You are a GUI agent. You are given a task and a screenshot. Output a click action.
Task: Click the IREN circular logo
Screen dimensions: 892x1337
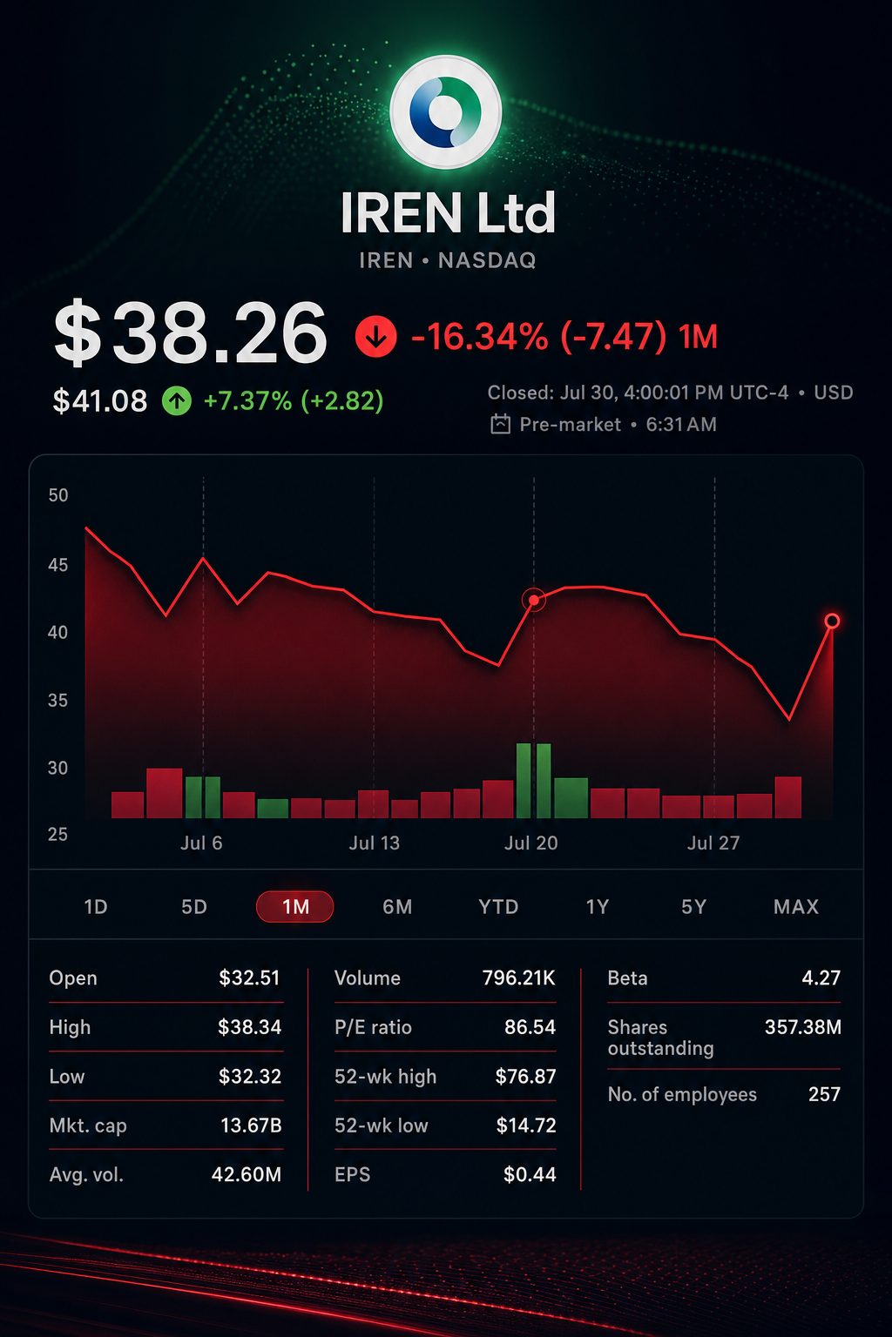(x=445, y=111)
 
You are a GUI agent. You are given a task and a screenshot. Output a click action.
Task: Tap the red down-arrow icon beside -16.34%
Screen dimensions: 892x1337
(x=375, y=337)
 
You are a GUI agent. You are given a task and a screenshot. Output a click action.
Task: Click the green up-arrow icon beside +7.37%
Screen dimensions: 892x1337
(x=177, y=400)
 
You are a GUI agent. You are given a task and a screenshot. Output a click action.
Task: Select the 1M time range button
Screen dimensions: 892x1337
(x=295, y=907)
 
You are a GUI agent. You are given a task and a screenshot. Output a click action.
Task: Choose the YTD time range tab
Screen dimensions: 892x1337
(x=498, y=907)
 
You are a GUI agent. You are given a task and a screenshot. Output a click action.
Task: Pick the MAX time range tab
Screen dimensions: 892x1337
(x=796, y=907)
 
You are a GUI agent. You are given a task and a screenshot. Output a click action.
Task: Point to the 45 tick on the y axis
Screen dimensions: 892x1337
(x=58, y=565)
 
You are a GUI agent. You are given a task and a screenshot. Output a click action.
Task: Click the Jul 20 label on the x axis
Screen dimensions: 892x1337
(x=531, y=843)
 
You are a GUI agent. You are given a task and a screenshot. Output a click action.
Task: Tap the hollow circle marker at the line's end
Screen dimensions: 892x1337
(x=832, y=621)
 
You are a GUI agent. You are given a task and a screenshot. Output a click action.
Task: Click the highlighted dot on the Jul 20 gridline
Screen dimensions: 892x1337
(x=534, y=600)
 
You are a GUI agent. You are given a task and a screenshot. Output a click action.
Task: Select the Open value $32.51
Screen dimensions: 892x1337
(x=249, y=978)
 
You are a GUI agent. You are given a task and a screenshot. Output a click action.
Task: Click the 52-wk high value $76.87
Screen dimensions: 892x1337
(x=526, y=1076)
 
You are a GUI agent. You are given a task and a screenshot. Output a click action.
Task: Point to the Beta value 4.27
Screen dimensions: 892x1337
(x=821, y=978)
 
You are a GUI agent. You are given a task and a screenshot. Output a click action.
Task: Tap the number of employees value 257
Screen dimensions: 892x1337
(x=824, y=1094)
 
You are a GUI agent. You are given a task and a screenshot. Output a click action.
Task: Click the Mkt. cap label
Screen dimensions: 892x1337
(x=89, y=1125)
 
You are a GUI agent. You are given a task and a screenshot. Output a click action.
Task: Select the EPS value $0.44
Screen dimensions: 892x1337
(x=530, y=1174)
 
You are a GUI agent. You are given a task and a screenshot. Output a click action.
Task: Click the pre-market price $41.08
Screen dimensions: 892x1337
(x=100, y=400)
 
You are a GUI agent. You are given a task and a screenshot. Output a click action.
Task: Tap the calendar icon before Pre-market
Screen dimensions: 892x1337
(x=500, y=425)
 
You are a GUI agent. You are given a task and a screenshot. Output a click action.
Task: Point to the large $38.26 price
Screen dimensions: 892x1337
(x=190, y=333)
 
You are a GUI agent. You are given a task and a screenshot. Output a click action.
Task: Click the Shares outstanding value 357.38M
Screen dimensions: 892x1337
(x=803, y=1027)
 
